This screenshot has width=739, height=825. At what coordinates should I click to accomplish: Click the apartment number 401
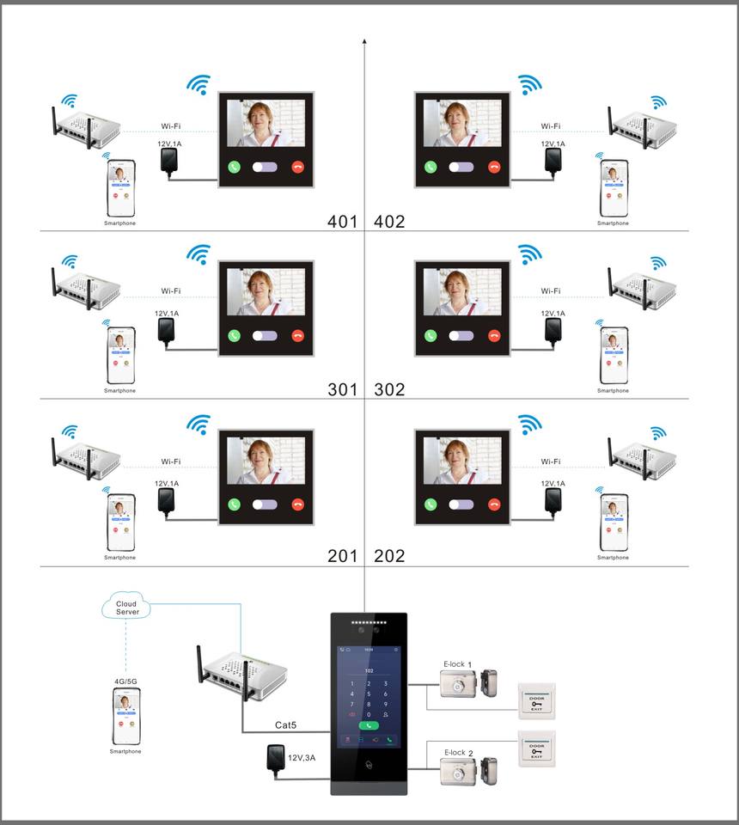pyautogui.click(x=342, y=222)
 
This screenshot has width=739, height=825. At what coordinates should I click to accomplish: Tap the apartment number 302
pyautogui.click(x=389, y=389)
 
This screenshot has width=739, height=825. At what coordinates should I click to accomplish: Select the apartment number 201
pyautogui.click(x=342, y=556)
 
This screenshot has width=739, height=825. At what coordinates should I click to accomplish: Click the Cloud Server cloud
pyautogui.click(x=127, y=608)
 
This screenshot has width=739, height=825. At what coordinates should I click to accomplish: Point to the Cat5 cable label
pyautogui.click(x=285, y=725)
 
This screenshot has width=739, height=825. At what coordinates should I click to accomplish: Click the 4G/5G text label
pyautogui.click(x=125, y=681)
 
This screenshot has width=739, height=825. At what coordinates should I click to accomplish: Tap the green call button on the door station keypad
pyautogui.click(x=369, y=725)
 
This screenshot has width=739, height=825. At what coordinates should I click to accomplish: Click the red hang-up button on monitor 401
pyautogui.click(x=298, y=168)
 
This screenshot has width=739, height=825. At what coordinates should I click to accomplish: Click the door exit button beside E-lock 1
pyautogui.click(x=536, y=700)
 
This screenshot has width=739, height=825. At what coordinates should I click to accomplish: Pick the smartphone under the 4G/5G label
pyautogui.click(x=125, y=716)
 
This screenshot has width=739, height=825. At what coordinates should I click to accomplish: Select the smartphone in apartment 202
pyautogui.click(x=613, y=522)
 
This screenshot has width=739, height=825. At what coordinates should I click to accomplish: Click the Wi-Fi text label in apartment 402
pyautogui.click(x=551, y=126)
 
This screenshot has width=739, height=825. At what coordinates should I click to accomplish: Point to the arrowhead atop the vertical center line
pyautogui.click(x=365, y=40)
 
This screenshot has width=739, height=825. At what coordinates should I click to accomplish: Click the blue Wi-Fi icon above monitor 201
pyautogui.click(x=199, y=423)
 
